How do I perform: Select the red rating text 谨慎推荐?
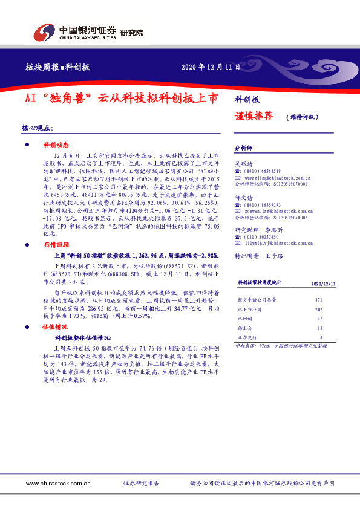pyautogui.click(x=253, y=116)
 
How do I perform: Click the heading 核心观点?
pyautogui.click(x=37, y=128)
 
